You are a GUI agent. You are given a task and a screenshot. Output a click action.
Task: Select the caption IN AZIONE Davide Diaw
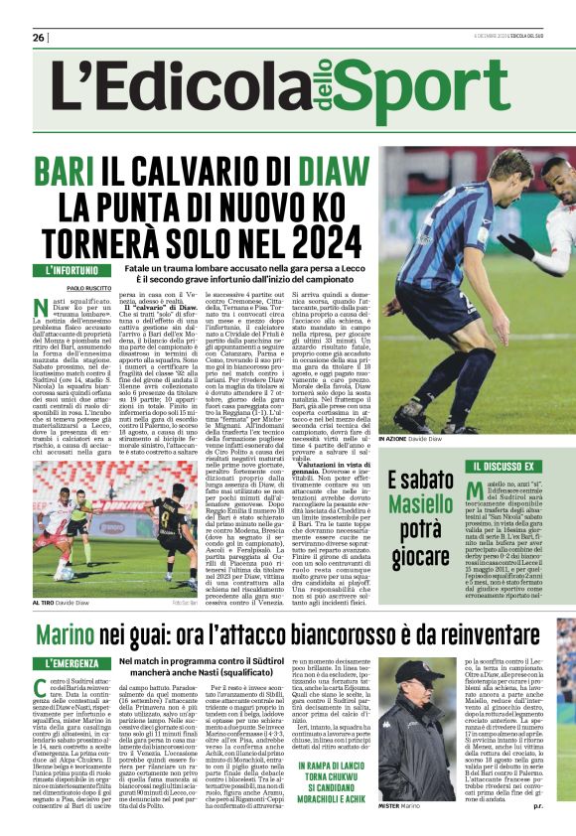411,438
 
